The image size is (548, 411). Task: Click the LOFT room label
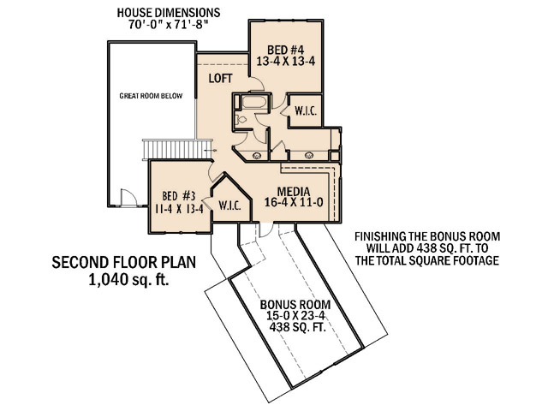click(221, 78)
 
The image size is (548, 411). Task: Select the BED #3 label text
click(179, 196)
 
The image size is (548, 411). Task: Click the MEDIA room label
click(294, 192)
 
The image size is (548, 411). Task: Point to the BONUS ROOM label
click(295, 305)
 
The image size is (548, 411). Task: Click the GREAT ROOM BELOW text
click(151, 96)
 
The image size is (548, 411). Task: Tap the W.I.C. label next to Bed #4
click(306, 111)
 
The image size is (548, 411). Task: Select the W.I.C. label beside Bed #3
click(230, 205)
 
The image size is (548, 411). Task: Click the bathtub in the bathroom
click(254, 102)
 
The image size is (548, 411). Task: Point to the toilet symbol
click(241, 120)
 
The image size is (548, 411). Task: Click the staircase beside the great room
click(177, 149)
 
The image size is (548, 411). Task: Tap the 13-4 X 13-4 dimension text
click(286, 62)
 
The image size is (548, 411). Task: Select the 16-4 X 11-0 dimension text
click(294, 202)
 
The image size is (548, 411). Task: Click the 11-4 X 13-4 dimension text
click(179, 209)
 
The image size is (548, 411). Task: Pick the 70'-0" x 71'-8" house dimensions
click(168, 25)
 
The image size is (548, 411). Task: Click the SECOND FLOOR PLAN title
click(124, 263)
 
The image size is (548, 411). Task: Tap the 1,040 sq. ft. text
click(129, 280)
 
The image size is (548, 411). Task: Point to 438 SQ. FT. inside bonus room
click(297, 327)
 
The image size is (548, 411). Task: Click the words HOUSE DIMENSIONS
click(169, 13)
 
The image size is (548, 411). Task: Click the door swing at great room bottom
click(128, 198)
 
